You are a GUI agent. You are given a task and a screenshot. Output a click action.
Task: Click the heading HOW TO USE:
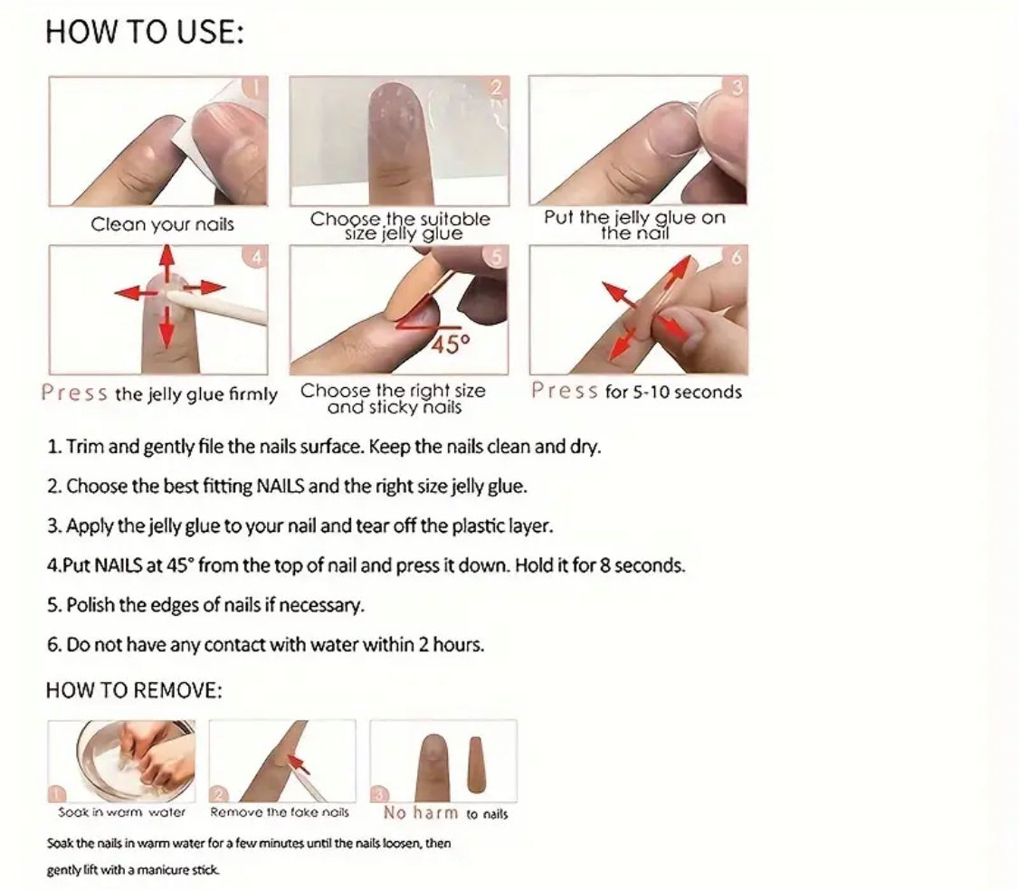click(x=145, y=32)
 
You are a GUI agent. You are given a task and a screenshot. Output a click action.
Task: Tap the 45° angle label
click(x=451, y=344)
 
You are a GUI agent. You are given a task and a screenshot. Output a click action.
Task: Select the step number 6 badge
click(x=737, y=257)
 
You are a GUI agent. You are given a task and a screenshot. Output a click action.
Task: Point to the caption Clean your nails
click(x=162, y=224)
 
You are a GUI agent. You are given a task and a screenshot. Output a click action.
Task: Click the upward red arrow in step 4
click(x=167, y=263)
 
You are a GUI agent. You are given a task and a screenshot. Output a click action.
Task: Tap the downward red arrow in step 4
click(x=167, y=327)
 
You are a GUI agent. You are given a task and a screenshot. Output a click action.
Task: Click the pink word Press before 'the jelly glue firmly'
click(x=74, y=393)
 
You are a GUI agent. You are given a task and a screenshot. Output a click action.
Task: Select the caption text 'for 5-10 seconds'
click(x=673, y=393)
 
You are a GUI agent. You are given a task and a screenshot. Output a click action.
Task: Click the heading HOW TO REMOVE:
click(x=134, y=690)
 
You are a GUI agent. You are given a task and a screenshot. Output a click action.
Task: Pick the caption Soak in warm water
click(x=122, y=812)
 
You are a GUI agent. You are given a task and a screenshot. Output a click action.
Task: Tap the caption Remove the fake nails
click(x=280, y=812)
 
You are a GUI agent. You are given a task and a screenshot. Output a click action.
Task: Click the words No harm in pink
click(x=421, y=813)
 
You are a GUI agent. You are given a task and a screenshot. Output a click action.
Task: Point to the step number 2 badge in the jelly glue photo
click(x=497, y=87)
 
